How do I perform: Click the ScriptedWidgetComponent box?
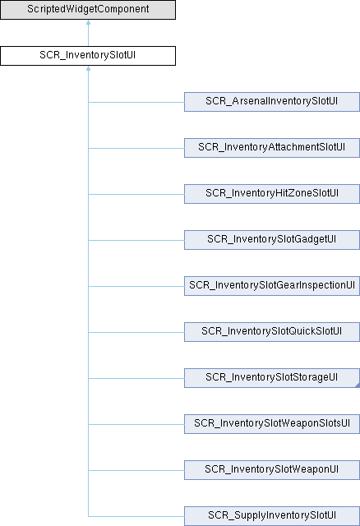tap(88, 10)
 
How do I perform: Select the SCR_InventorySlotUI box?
tap(88, 56)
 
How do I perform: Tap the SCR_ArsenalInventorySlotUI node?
tap(272, 102)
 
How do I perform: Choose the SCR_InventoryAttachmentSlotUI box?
tap(272, 148)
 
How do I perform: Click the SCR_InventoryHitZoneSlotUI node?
tap(272, 194)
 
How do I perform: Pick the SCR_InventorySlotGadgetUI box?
tap(272, 240)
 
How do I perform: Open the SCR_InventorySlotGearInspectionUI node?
tap(272, 286)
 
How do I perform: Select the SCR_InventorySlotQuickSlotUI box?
tap(272, 332)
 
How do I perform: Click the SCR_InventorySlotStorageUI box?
tap(272, 378)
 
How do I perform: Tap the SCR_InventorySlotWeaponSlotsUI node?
tap(272, 424)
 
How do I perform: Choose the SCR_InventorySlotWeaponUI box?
tap(272, 470)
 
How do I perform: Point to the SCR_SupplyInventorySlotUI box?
tap(272, 516)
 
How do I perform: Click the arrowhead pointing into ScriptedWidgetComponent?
tap(88, 22)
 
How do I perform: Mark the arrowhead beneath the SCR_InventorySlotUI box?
tap(88, 68)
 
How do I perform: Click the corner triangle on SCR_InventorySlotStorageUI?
tap(358, 385)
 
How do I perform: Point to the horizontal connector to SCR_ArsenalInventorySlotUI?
tap(136, 102)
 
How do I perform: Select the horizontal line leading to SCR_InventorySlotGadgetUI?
tap(136, 240)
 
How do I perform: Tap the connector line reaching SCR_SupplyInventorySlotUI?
tap(136, 517)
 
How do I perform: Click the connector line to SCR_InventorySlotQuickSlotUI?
tap(136, 332)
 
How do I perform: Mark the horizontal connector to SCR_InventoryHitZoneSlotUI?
tap(136, 194)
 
